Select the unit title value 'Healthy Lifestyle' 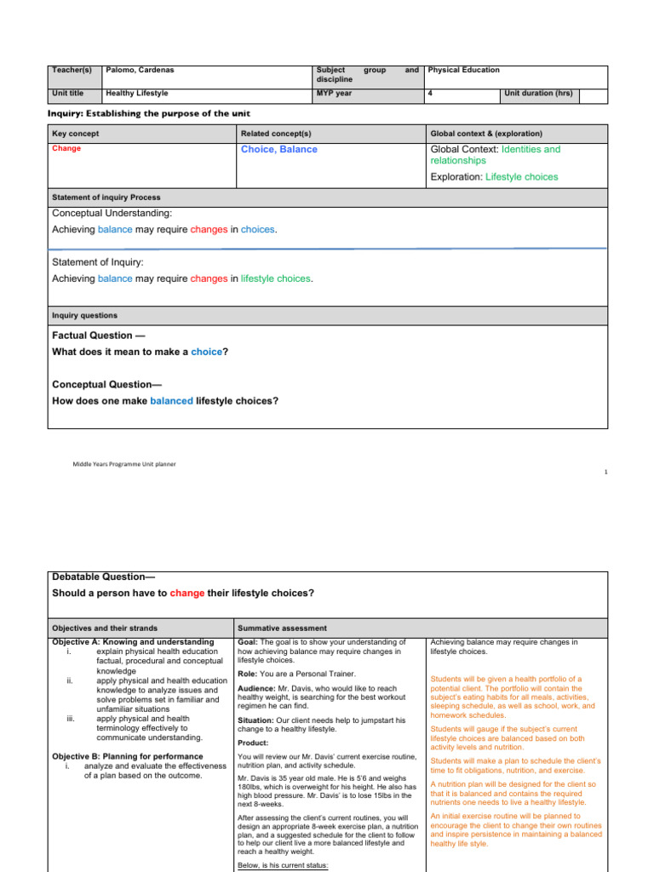pos(136,93)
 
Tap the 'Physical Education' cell pos(464,70)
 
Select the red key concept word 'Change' pos(66,148)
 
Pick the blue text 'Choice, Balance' pos(279,150)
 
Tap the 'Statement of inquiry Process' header pos(106,197)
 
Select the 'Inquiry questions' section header pos(85,315)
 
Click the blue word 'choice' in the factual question pos(207,352)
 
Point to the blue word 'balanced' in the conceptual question pos(171,400)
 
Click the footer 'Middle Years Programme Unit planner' pos(124,464)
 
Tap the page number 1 pos(605,472)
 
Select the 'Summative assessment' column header pos(278,628)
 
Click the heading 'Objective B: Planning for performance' pos(128,756)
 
